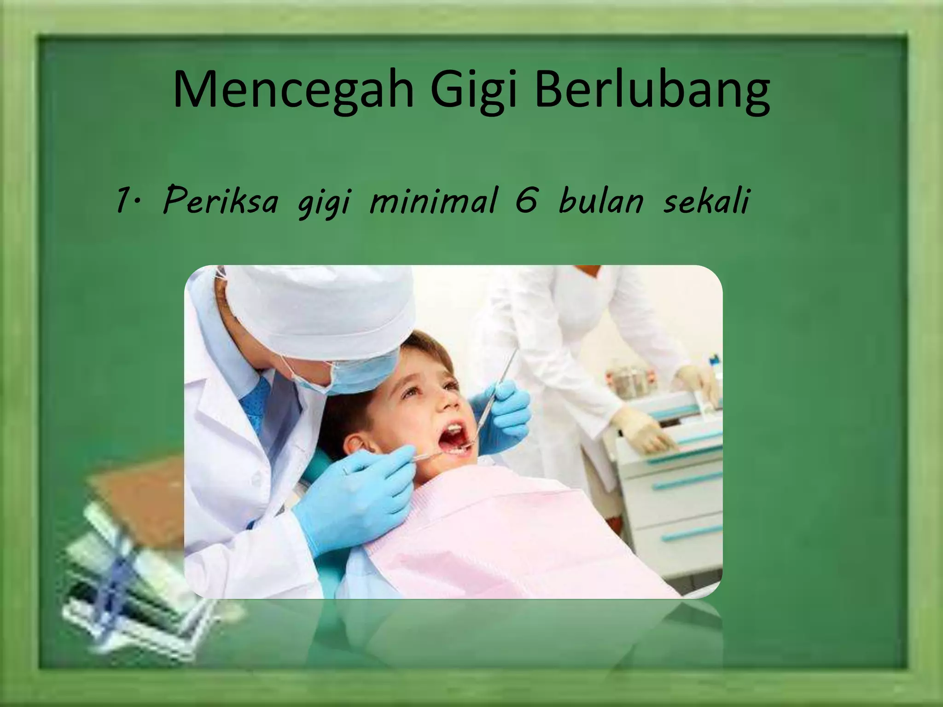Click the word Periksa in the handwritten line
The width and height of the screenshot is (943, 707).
[x=221, y=201]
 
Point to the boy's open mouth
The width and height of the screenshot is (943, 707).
[x=456, y=437]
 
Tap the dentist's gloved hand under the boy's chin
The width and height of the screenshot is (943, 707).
[x=364, y=502]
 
